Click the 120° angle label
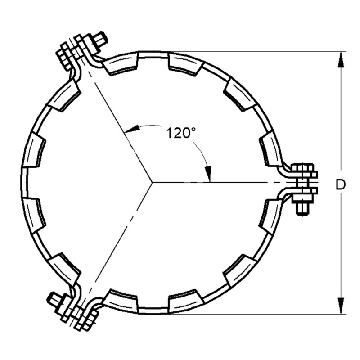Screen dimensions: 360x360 (x=181, y=133)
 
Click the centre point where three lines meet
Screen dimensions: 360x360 (x=152, y=182)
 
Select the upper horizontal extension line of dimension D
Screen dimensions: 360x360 (x=252, y=51)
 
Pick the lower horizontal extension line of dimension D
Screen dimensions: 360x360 (x=252, y=314)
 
